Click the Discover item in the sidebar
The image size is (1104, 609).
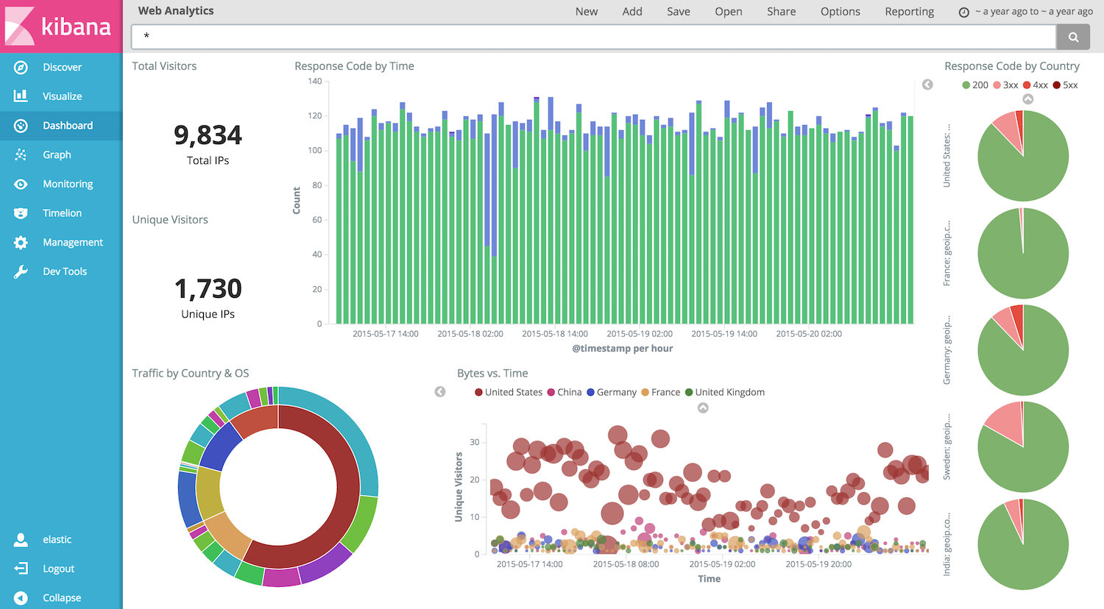point(62,67)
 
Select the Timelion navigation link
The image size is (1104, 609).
point(62,213)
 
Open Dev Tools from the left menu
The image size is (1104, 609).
point(64,271)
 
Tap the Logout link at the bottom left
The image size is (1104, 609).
point(58,569)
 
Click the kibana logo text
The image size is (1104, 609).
point(76,27)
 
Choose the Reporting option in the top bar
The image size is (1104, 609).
point(909,12)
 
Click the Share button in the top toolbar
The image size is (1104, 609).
point(781,12)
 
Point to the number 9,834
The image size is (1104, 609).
point(208,135)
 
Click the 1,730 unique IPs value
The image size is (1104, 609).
point(208,289)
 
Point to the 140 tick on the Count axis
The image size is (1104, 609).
point(315,82)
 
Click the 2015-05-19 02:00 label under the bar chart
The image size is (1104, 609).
point(639,334)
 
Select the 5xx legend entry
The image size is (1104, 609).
point(1065,85)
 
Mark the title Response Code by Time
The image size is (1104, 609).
point(354,66)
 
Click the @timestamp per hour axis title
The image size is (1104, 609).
point(622,349)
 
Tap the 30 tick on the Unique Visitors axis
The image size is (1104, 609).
point(475,442)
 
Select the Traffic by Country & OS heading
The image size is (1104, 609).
point(191,374)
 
